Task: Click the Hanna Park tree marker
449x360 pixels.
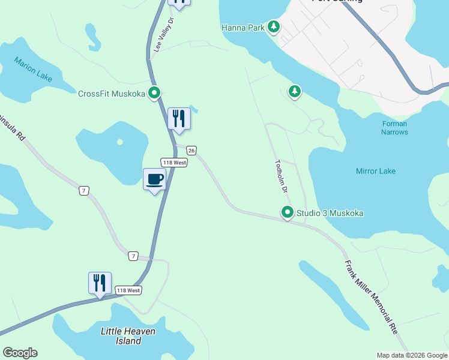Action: (274, 26)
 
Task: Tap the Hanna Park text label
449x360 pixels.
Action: (243, 28)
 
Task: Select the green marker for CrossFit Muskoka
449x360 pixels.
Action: (154, 93)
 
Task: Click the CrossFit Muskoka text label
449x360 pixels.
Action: (112, 94)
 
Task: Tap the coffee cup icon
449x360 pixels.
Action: (154, 178)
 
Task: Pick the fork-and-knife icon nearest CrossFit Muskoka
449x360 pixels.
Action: (178, 118)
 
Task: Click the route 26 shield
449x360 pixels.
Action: (191, 150)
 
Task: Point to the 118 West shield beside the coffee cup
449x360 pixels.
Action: (173, 163)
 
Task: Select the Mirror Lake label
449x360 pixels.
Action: (376, 171)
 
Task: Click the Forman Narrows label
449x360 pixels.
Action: (394, 128)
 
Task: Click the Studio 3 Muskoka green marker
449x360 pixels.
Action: (288, 212)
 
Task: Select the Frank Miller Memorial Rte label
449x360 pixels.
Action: (371, 296)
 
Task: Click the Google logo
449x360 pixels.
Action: (20, 353)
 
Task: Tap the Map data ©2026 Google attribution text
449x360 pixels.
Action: (411, 355)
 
